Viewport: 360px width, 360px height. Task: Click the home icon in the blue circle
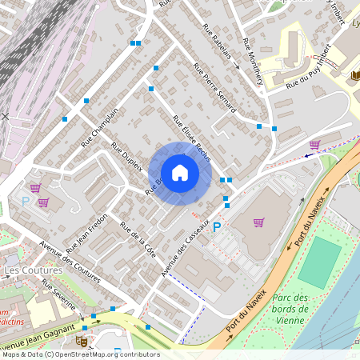click(180, 173)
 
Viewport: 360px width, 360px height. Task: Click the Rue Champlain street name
click(99, 126)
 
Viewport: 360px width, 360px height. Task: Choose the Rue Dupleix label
click(127, 157)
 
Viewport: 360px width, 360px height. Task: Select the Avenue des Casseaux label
click(185, 249)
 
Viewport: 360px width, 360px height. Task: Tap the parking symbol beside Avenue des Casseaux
click(216, 227)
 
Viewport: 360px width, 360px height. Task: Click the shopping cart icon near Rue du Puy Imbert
click(315, 144)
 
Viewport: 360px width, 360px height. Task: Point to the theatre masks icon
click(80, 340)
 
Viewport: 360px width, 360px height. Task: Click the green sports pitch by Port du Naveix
click(320, 262)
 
